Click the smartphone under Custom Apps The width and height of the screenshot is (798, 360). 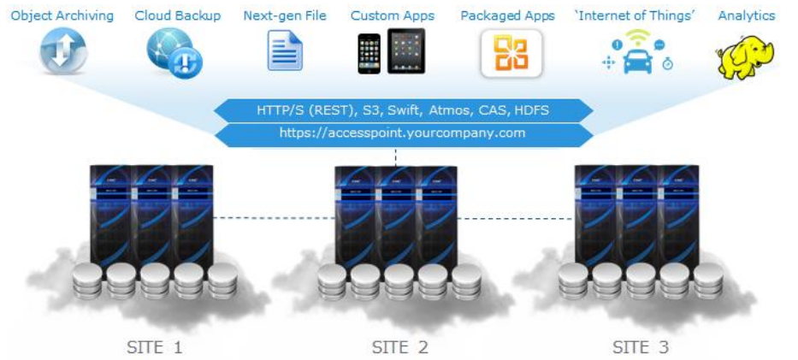369,54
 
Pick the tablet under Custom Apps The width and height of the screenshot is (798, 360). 406,50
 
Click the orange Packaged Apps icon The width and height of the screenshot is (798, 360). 511,53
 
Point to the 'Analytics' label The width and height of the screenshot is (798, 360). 746,16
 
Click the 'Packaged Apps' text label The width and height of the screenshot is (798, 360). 507,16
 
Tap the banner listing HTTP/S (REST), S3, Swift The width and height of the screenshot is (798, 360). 402,109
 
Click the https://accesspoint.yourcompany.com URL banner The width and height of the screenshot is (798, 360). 402,133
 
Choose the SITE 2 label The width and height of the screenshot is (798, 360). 399,347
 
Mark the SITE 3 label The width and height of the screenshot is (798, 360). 641,347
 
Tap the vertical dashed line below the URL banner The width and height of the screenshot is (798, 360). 396,156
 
